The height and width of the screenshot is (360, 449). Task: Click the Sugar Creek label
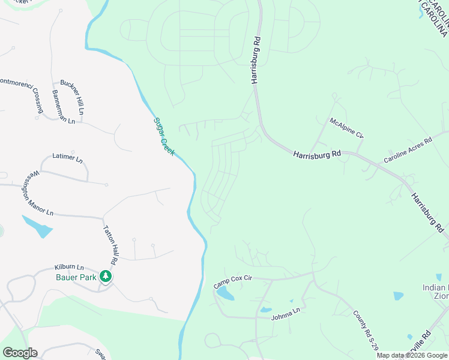point(164,136)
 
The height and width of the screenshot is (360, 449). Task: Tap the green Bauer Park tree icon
point(106,276)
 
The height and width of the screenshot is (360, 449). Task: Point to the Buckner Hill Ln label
point(71,97)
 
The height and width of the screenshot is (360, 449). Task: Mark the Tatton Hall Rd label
point(112,245)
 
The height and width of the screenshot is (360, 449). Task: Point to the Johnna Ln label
point(285,313)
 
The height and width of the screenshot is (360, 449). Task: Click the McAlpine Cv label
point(347,128)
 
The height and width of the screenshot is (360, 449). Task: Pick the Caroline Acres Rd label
point(408,151)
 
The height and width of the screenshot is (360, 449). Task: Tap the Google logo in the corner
point(20,353)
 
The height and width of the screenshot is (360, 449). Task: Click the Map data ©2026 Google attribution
point(412,355)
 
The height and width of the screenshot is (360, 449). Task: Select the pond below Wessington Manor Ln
point(37,227)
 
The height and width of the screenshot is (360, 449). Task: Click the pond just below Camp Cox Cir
point(224,293)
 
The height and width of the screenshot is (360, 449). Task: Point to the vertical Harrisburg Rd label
point(256,59)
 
